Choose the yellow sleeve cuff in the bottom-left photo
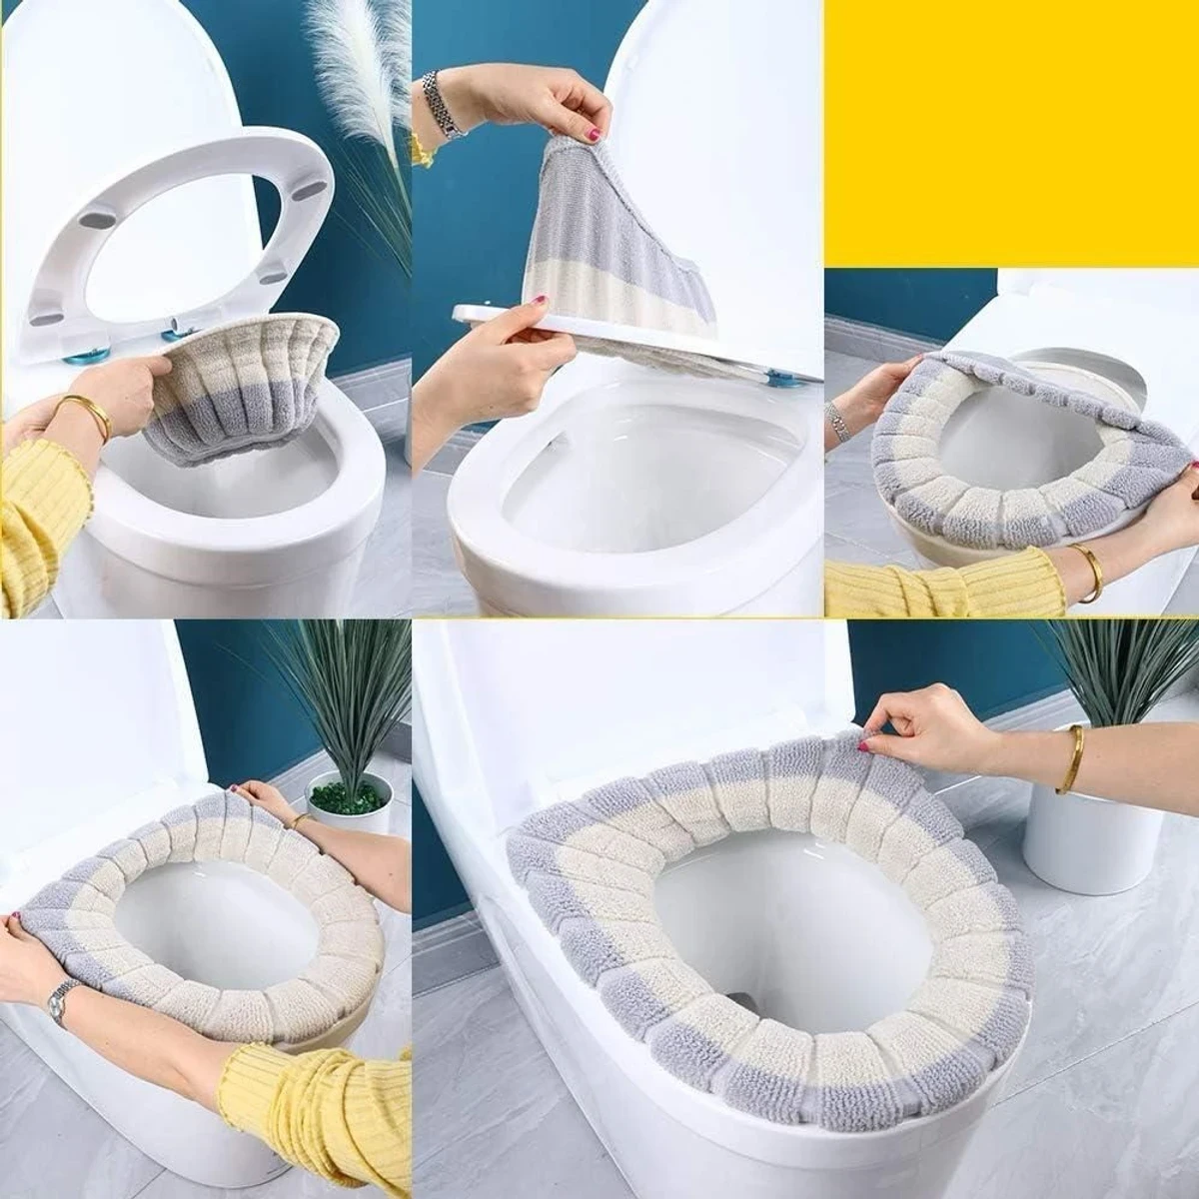(x=250, y=1084)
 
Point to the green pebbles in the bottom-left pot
(x=349, y=795)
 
